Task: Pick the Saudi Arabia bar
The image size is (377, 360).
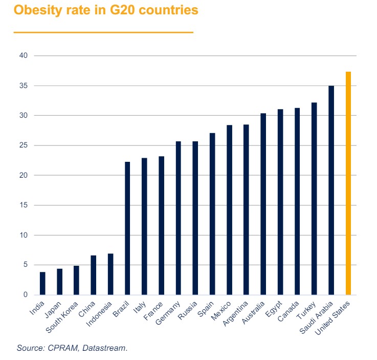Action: coord(331,190)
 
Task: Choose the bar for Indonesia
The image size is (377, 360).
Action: coord(110,274)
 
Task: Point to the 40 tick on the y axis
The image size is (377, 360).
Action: coord(24,55)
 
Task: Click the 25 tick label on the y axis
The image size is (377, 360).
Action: coord(24,145)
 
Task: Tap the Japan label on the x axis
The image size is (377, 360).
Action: coord(53,308)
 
